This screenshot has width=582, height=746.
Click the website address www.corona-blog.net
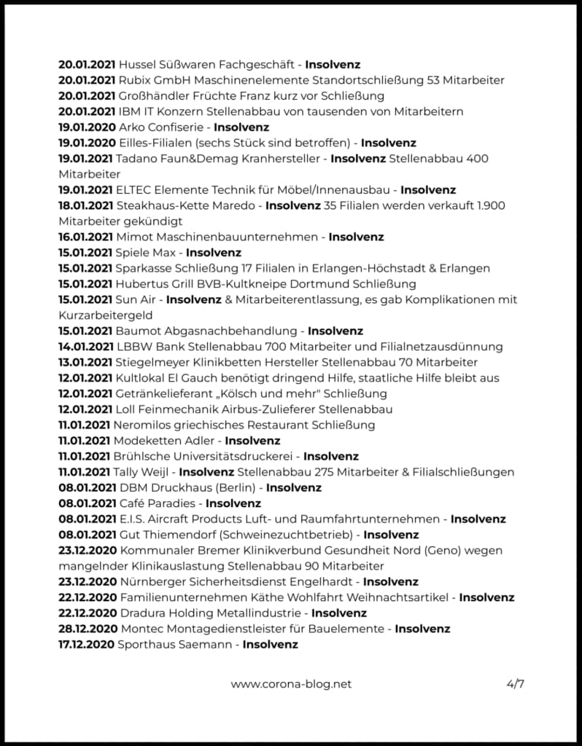click(291, 684)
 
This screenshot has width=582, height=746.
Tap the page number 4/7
click(515, 684)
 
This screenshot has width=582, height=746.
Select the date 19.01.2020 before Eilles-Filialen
click(86, 143)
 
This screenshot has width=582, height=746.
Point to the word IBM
click(129, 111)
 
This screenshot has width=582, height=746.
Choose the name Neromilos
click(144, 425)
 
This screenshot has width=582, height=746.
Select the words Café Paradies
click(158, 503)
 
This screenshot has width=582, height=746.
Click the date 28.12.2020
click(86, 629)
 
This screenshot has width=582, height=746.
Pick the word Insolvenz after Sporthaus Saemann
click(270, 644)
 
